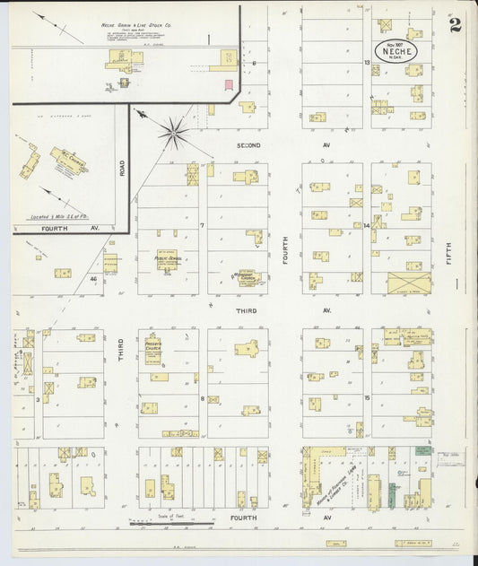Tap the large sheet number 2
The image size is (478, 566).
456,24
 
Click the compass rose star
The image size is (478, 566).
173,132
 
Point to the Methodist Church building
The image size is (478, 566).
248,279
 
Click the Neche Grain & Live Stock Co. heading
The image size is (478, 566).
136,26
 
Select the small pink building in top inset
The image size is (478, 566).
229,84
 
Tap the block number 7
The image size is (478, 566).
203,225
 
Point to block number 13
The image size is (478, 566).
367,62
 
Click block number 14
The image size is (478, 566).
367,225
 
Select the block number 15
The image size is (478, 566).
367,396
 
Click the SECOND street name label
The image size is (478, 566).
248,144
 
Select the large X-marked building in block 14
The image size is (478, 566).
409,283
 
